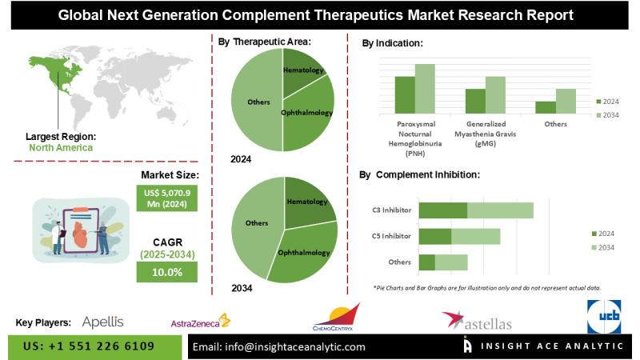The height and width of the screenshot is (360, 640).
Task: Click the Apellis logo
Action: [102, 322]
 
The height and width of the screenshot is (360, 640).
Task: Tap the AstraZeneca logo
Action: [200, 322]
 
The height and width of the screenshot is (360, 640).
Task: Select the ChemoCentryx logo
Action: [336, 318]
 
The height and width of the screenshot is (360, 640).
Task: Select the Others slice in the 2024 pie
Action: [256, 102]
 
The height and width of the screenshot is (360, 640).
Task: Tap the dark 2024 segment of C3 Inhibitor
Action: [442, 210]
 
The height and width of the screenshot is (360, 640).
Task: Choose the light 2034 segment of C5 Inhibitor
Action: [475, 236]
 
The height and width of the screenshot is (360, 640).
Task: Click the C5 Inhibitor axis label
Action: [392, 236]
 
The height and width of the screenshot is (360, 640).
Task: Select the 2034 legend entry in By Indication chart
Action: [609, 116]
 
